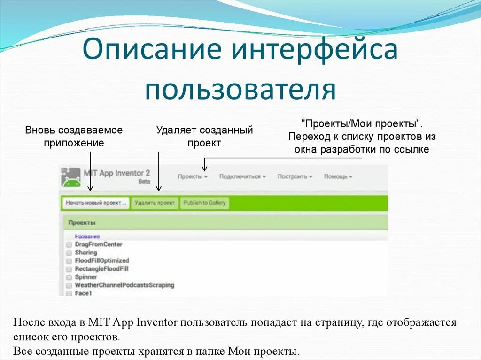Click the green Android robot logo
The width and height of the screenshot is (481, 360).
[x=71, y=178]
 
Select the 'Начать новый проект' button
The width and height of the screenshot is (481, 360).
[x=95, y=203]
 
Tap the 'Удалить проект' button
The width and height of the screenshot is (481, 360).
[x=155, y=203]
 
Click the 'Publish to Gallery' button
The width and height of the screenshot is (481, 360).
[x=204, y=203]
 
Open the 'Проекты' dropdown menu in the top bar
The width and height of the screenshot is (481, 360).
[x=193, y=177]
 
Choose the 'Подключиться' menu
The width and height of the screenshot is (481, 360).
[x=242, y=177]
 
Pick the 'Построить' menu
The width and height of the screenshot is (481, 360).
[x=295, y=177]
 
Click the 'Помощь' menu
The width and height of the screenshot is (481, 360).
[x=338, y=177]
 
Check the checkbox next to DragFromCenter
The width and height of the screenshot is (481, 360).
[x=69, y=245]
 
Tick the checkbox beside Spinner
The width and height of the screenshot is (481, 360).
[x=69, y=277]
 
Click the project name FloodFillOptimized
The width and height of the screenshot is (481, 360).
[x=101, y=260]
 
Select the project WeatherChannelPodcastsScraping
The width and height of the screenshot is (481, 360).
[x=124, y=285]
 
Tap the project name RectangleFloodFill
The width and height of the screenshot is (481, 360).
[x=101, y=269]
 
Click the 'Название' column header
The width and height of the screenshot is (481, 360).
[x=87, y=237]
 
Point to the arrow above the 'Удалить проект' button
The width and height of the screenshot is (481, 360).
[x=159, y=171]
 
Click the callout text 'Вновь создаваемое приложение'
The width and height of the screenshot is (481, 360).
[x=74, y=136]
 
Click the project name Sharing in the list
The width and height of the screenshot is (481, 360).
[x=85, y=253]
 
